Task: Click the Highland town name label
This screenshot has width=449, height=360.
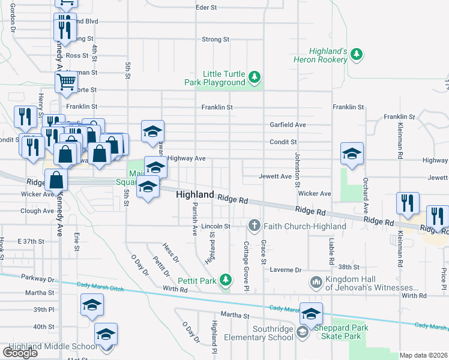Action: click(195, 195)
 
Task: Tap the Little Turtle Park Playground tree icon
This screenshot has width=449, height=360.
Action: click(255, 77)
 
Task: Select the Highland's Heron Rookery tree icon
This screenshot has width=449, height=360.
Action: click(357, 55)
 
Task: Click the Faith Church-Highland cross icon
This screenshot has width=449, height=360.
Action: click(255, 226)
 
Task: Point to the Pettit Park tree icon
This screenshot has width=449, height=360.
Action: click(225, 279)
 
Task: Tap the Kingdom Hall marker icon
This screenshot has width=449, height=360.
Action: click(316, 281)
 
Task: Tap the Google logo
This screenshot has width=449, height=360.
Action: click(20, 352)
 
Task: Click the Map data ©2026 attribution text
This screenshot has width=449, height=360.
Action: click(424, 355)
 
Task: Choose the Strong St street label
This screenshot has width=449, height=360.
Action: click(215, 40)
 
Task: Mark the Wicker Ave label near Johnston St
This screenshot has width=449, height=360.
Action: click(315, 194)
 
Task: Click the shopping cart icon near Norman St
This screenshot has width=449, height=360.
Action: click(66, 82)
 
